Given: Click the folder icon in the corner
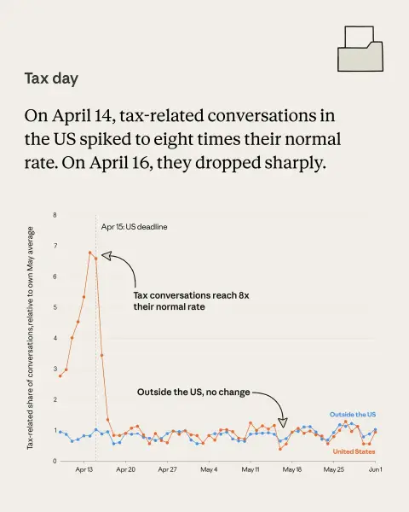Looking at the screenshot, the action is point(360,49).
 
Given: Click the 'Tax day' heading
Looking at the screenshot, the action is point(51,79).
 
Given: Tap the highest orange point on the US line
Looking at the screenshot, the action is point(89,253).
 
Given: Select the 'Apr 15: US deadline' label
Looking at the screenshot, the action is point(134,227).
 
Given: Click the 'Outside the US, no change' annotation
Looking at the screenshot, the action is point(193,392).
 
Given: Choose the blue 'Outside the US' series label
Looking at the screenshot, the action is point(353,415).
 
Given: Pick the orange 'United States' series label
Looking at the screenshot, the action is point(354,451).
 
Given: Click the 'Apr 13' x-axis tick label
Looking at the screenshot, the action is point(84,469).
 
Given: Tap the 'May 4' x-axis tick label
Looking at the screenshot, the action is point(209,469).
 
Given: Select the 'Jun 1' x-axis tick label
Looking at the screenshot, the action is point(376,469).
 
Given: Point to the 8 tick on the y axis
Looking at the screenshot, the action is point(55,215).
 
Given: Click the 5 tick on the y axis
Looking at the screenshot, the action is point(55,307).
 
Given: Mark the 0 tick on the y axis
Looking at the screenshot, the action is point(55,461).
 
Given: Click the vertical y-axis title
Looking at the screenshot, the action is point(30,338).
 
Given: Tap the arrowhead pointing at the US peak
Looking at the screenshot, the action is point(107,256).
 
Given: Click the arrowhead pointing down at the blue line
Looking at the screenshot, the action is point(283,422).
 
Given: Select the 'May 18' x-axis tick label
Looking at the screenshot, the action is point(292,469).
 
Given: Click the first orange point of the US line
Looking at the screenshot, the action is point(60,376).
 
